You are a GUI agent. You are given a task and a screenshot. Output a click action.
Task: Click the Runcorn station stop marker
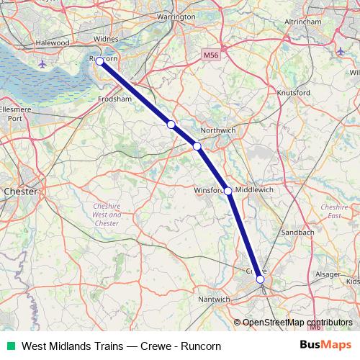(x=99, y=62)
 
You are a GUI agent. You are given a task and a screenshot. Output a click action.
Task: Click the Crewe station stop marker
(x=260, y=279)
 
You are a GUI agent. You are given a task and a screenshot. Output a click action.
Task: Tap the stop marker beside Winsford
(x=228, y=191)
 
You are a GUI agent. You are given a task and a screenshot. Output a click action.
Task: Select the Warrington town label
(x=176, y=16)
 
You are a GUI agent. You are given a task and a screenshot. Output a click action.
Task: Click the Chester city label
(x=19, y=192)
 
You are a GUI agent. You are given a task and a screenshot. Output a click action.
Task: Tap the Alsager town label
(x=328, y=274)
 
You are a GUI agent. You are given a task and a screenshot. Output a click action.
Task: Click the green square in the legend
(x=10, y=346)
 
